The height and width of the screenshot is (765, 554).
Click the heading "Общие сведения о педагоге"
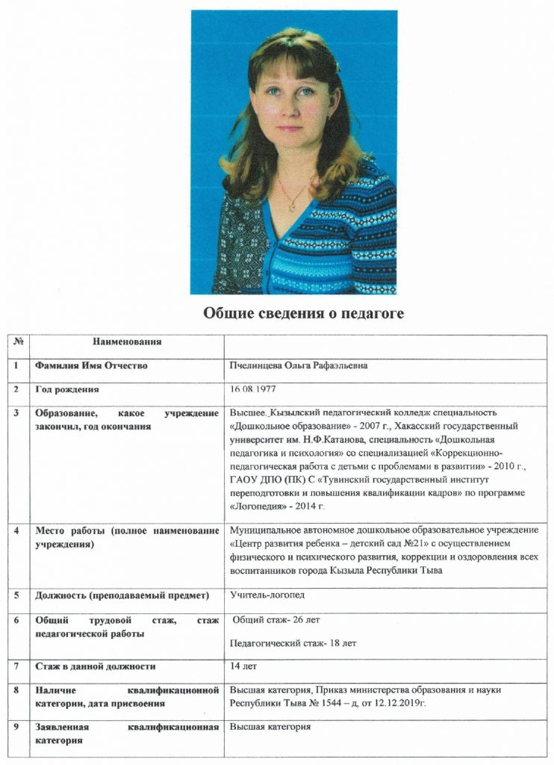303,314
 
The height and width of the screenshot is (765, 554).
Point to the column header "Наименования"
127,341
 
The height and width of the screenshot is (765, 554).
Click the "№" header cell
16,341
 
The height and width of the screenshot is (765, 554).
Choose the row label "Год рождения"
66,389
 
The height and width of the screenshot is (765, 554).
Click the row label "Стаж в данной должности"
96,666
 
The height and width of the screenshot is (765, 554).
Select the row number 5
16,595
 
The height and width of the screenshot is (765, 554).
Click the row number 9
16,727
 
